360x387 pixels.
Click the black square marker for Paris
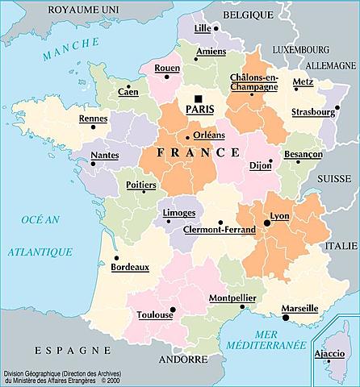(188, 98)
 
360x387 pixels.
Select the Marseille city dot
(286, 318)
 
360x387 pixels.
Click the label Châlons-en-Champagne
(254, 81)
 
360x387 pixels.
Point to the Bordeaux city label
(130, 265)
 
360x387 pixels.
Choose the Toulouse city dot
(172, 309)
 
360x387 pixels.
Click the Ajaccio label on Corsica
(329, 354)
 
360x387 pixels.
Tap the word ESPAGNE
(72, 351)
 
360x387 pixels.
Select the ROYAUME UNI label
(82, 9)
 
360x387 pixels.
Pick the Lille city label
(202, 28)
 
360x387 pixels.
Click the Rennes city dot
(94, 127)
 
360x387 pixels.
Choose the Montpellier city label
(232, 298)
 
